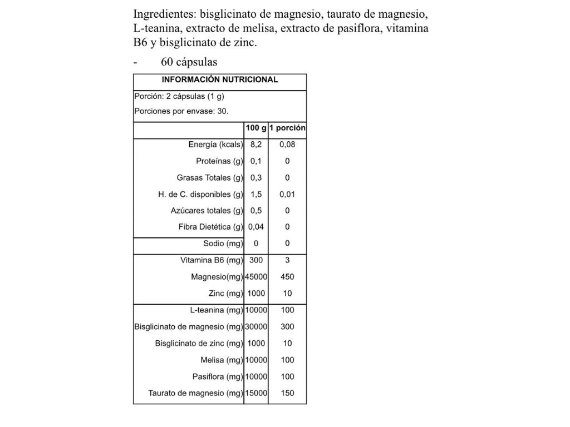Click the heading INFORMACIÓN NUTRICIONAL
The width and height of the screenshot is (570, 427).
[220, 80]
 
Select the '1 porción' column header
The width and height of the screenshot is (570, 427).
[287, 128]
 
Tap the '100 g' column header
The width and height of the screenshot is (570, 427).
[256, 128]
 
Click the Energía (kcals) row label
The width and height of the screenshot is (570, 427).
[216, 145]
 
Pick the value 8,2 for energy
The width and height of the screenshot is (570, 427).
[256, 145]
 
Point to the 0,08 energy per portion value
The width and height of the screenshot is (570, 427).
[287, 145]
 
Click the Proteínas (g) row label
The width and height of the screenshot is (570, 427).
[220, 161]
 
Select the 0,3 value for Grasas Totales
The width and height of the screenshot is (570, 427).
[256, 178]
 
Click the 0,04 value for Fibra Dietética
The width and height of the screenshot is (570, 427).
[256, 227]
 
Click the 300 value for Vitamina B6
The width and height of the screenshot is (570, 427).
[256, 260]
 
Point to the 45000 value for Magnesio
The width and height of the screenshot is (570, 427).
[256, 276]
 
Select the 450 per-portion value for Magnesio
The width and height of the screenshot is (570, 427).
[287, 276]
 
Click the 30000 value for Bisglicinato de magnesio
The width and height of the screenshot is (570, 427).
[256, 326]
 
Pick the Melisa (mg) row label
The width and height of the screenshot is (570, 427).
[222, 360]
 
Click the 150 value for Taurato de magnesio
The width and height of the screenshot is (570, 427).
[287, 393]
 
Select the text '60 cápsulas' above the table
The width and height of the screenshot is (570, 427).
[189, 62]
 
